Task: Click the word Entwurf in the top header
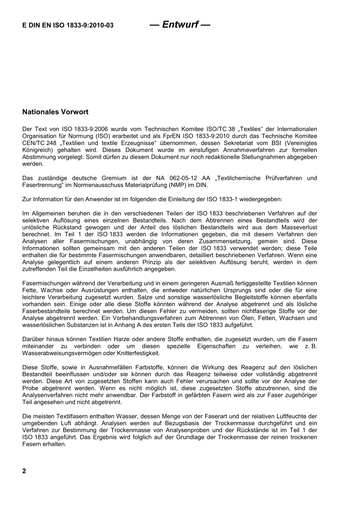180,25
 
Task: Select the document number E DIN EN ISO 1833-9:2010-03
68,26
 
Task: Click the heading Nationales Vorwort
55,112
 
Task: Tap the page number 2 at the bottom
24,471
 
